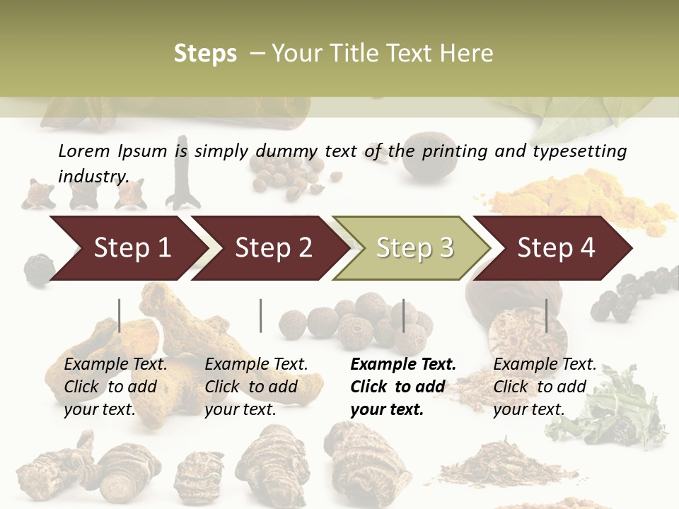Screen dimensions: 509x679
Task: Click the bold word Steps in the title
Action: coord(205,54)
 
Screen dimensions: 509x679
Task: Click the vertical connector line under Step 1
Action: coord(120,315)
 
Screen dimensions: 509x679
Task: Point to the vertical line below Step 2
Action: coord(261,315)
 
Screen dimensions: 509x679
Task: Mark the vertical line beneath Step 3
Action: coord(404,315)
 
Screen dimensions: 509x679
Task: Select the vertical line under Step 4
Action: coord(546,315)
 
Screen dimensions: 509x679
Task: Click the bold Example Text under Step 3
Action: coord(403,365)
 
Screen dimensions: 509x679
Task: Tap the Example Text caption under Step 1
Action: coord(115,365)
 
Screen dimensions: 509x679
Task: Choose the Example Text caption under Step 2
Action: coord(256,365)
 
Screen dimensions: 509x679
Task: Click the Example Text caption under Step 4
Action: coord(545,365)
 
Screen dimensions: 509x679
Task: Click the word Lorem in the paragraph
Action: coord(83,151)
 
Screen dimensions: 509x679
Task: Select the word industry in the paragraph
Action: coord(93,176)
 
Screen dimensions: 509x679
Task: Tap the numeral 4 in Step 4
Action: coord(587,248)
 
